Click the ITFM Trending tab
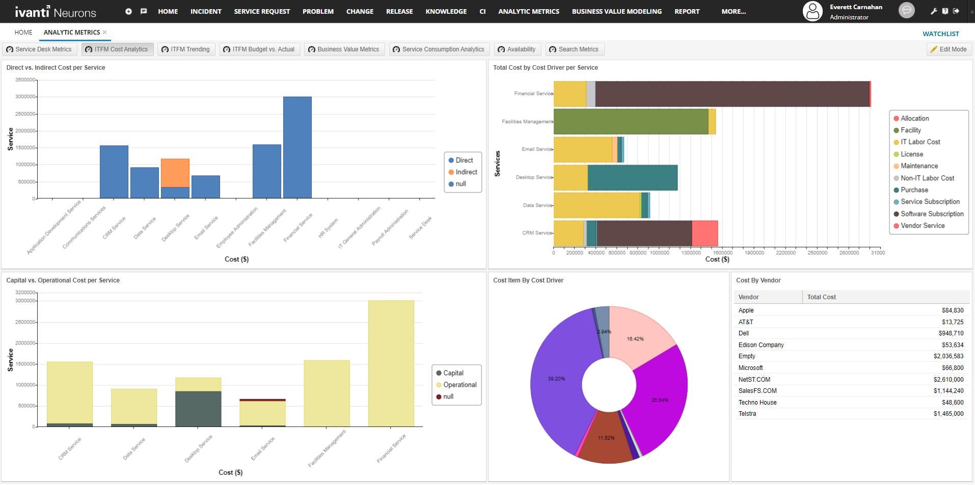tap(186, 49)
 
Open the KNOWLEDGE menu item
tap(446, 11)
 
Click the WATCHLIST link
tap(940, 34)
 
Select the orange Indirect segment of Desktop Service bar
tap(175, 173)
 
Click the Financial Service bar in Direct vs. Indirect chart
tap(297, 148)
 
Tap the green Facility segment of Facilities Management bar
tap(631, 122)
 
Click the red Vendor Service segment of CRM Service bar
tap(705, 233)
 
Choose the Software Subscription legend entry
tap(932, 214)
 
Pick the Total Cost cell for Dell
tap(951, 333)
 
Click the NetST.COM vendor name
tap(754, 380)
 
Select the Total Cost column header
tap(821, 297)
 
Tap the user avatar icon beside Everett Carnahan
tap(813, 11)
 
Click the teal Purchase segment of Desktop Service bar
tap(632, 178)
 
